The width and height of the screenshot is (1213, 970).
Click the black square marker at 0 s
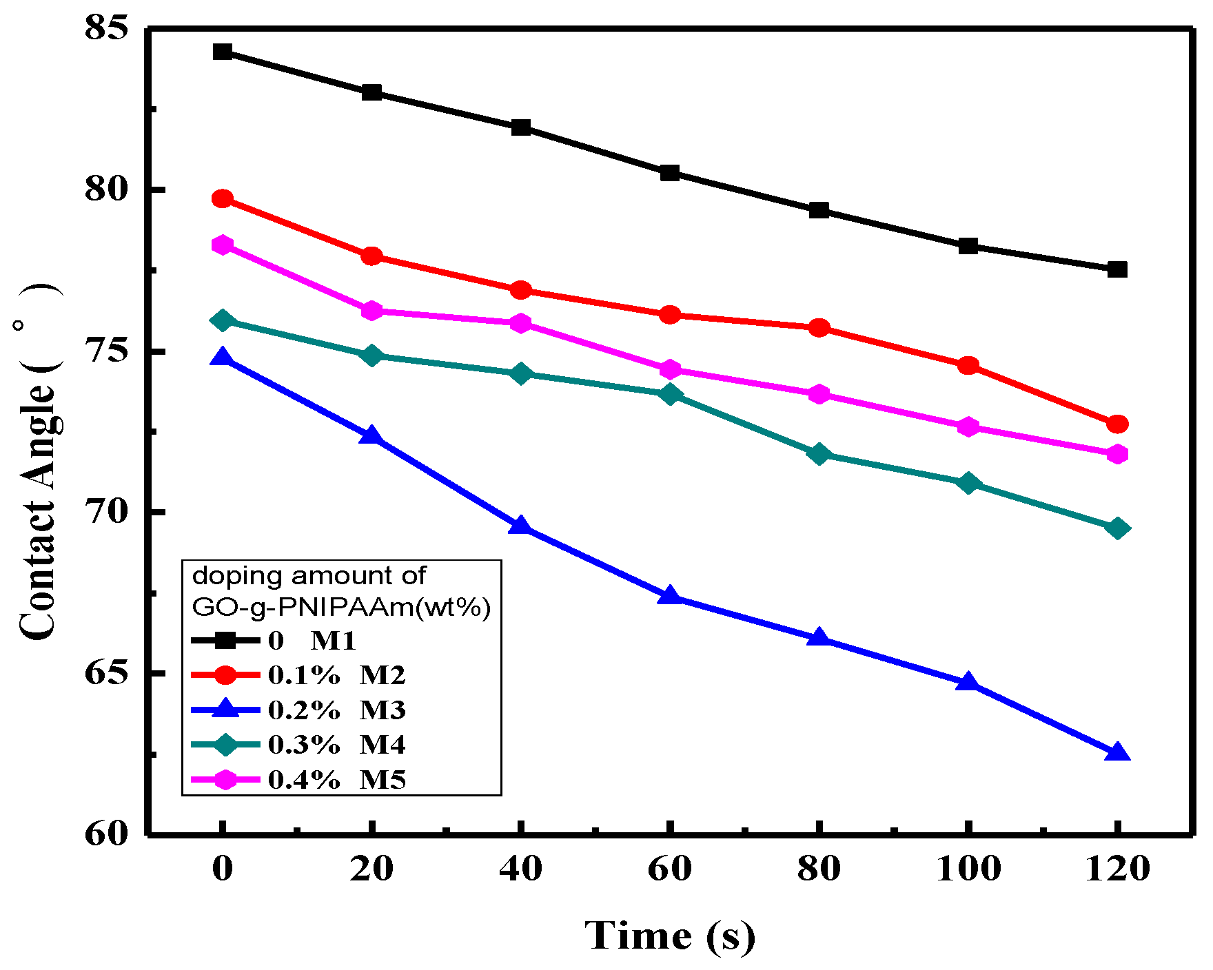point(223,52)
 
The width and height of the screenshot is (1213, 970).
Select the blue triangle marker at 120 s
point(1117,752)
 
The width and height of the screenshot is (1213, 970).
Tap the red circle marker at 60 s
point(670,316)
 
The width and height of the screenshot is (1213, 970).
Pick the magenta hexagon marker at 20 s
point(372,311)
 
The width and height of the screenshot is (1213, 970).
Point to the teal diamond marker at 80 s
point(819,454)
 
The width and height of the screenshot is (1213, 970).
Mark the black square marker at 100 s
point(968,246)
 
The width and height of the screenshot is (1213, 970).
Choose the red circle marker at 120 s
point(1117,424)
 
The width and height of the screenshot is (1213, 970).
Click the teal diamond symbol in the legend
point(225,745)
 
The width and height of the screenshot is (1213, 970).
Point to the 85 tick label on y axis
point(106,29)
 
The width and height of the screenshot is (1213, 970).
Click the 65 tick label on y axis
point(106,673)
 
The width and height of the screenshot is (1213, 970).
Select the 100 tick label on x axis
point(968,869)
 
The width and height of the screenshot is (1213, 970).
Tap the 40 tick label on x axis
point(521,869)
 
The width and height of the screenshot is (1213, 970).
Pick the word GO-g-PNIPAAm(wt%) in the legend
point(341,607)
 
